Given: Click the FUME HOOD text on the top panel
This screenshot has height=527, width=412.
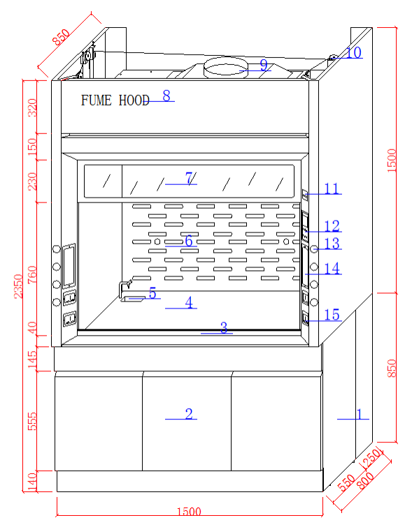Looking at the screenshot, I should pos(115,101).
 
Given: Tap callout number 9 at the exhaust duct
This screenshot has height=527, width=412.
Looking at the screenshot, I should pos(264,66).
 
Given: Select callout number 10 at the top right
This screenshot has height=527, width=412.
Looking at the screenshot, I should pos(354,52).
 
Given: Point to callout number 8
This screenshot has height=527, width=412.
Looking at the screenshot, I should pos(166,96).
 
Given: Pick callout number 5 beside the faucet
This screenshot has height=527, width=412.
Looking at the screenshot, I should pos(152,293).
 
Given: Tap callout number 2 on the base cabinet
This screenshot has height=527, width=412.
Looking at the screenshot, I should pos(188,414).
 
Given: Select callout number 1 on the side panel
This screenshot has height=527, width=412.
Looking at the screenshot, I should pos(359,415).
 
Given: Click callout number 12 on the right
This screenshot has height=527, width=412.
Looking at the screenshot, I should pos(332,226).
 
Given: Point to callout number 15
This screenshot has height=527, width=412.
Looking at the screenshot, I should pos(332,316).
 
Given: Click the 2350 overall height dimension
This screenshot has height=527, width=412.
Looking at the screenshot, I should pos(19,285).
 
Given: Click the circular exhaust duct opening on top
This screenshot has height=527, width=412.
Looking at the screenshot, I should pos(225,68).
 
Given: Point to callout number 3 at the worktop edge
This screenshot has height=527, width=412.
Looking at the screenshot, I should pos(224,328).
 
